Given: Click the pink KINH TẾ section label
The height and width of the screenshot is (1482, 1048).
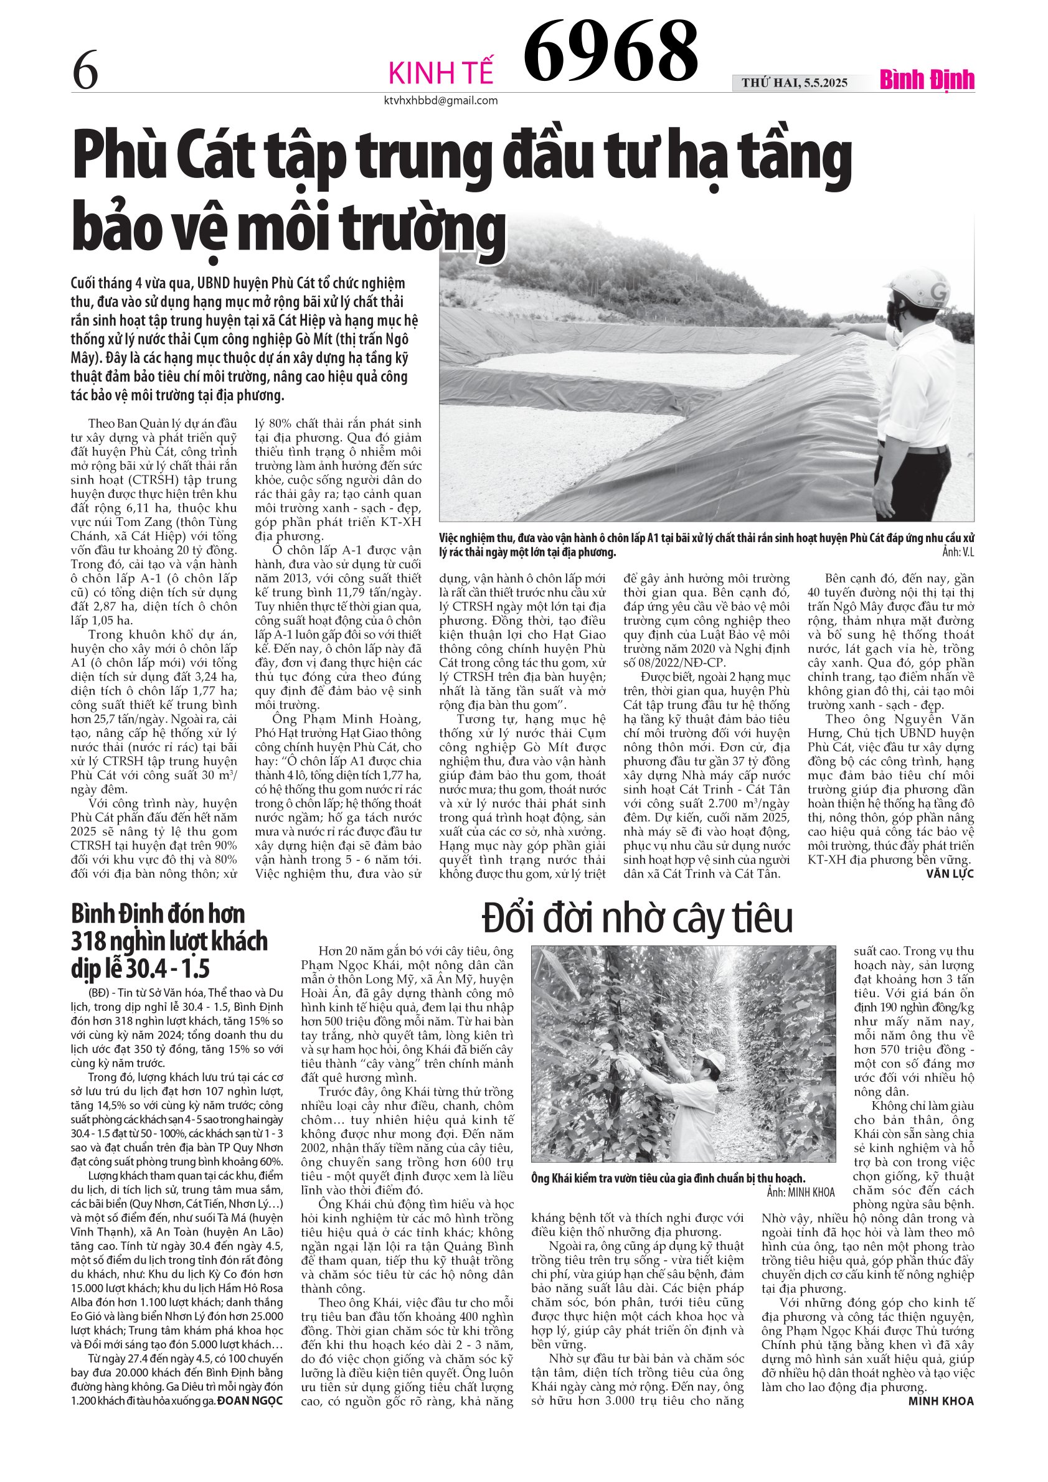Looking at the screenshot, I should click(x=441, y=73).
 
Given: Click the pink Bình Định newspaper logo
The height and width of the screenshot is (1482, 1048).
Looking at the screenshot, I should click(x=927, y=80).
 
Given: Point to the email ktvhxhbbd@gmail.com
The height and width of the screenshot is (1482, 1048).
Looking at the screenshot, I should click(x=441, y=100).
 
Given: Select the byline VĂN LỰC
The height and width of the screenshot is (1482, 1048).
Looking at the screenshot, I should click(x=949, y=874).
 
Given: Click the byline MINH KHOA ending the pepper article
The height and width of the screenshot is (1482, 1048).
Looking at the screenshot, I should click(x=941, y=1401).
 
